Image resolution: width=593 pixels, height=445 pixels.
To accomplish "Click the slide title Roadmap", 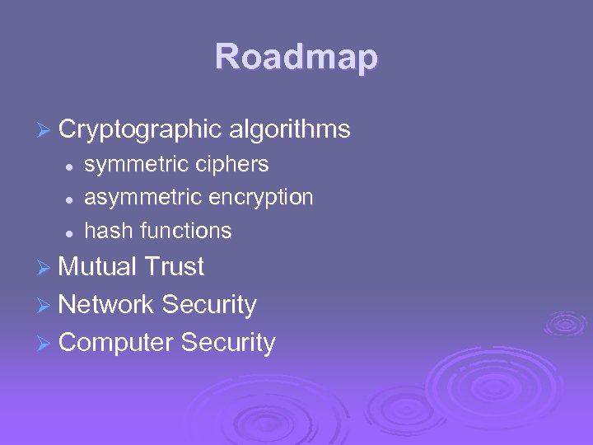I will point(296,58).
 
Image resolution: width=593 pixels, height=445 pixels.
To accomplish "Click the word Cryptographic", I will point(140,129).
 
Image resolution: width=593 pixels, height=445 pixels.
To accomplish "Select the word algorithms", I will point(290,129).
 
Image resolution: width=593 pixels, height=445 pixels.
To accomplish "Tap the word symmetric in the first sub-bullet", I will point(137,165).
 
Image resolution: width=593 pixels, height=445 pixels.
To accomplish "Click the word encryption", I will point(261,199).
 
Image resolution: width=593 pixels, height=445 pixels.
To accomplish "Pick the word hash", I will point(109,231).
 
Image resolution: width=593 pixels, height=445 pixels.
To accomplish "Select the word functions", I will point(186,231).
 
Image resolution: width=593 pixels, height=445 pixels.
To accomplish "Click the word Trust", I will point(174,267).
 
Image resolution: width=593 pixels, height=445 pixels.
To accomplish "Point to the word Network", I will point(106,305).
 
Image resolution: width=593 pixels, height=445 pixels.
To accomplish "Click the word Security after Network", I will point(209,306).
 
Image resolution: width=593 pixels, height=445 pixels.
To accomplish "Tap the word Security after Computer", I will point(228,344).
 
